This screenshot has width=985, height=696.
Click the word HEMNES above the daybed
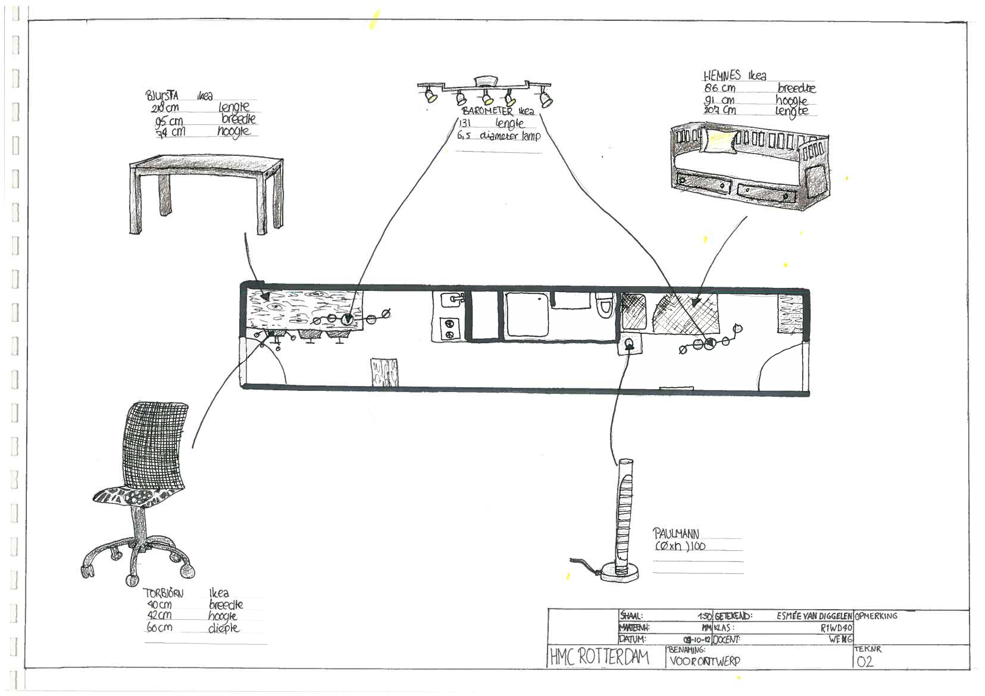722,76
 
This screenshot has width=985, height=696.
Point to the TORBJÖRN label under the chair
163,593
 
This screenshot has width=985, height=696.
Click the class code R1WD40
836,628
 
